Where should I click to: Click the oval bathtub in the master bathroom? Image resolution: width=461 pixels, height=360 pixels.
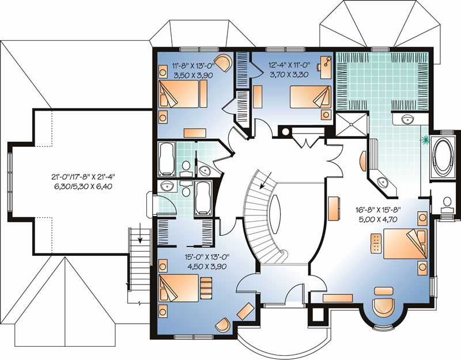(442, 156)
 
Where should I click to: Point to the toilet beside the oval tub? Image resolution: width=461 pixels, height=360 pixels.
(446, 203)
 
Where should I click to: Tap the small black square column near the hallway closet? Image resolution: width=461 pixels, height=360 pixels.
(284, 131)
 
